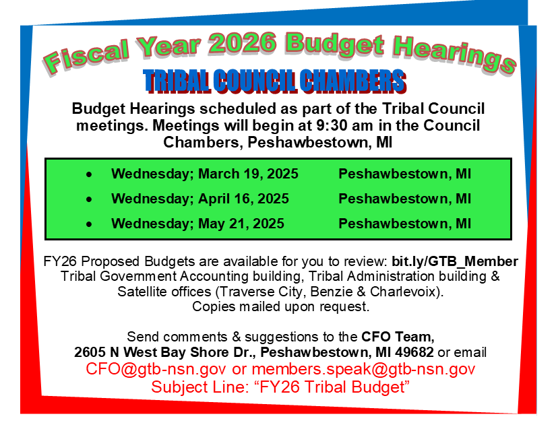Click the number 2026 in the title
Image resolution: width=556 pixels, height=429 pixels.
pos(242,43)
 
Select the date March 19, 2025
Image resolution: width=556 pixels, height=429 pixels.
pos(248,174)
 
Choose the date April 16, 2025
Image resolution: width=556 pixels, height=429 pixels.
pos(243,199)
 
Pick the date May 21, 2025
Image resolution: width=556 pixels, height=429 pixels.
pos(241,224)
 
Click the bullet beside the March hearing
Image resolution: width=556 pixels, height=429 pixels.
pos(89,174)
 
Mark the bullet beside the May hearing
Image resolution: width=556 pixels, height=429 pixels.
pos(89,224)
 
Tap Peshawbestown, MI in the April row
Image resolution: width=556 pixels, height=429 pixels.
pos(405,199)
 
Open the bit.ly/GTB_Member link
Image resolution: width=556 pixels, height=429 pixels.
pos(455,261)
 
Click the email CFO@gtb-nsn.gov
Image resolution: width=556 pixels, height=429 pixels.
pos(156,369)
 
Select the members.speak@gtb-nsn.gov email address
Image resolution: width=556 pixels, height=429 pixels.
pos(363,369)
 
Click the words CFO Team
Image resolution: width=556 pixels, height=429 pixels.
pos(398,337)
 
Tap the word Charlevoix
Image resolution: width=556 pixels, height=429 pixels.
pos(403,292)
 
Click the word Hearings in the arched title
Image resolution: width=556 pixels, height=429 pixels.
pos(454,56)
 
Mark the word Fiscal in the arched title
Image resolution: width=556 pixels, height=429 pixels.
pos(86,57)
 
